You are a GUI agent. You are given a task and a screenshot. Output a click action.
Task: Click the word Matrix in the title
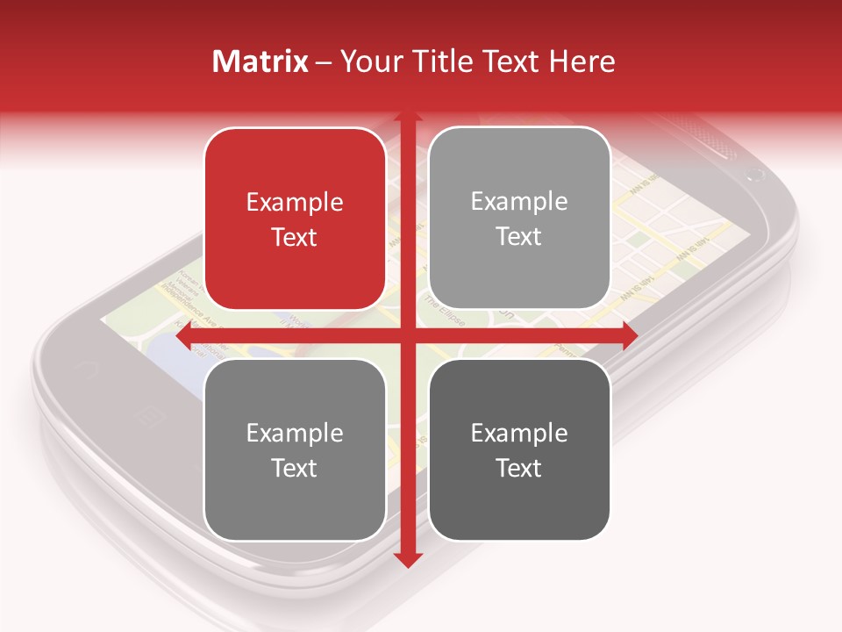click(x=260, y=61)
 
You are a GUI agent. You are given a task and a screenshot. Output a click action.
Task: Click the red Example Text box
click(x=295, y=219)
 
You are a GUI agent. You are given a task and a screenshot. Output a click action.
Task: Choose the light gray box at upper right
click(x=519, y=219)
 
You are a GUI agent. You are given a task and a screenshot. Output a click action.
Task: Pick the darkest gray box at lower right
click(x=519, y=449)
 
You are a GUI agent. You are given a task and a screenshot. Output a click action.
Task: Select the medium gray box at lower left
click(x=295, y=449)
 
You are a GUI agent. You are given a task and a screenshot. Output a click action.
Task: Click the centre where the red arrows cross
click(x=407, y=335)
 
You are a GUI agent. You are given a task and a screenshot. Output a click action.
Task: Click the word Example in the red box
click(x=295, y=203)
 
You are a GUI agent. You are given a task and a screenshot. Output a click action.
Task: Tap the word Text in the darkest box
click(x=519, y=468)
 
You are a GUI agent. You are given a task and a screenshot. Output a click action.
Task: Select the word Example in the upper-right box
click(x=519, y=202)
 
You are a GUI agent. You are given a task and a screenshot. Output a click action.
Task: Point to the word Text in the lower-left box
click(x=295, y=468)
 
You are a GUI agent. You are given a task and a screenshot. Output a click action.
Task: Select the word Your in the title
click(x=369, y=61)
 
